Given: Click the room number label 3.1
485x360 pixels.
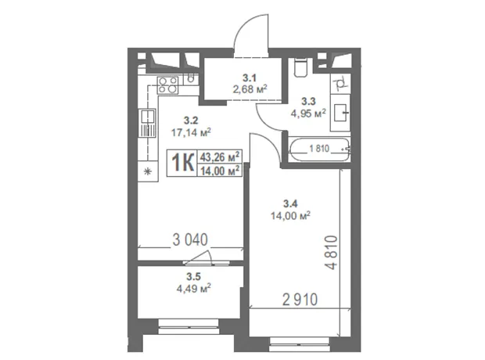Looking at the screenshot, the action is click(x=250, y=77).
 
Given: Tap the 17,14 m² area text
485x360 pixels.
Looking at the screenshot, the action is click(x=191, y=133).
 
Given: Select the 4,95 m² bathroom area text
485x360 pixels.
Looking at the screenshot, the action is click(x=308, y=113).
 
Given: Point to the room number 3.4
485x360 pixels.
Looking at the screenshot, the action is click(x=290, y=203).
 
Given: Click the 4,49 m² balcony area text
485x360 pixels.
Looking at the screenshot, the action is click(x=194, y=289).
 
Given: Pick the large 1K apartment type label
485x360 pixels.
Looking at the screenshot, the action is click(x=183, y=163).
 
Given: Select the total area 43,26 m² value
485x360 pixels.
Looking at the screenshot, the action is click(x=220, y=157).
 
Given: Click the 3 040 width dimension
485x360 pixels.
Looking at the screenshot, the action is click(x=190, y=240).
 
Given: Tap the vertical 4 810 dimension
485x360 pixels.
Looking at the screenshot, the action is click(x=330, y=253).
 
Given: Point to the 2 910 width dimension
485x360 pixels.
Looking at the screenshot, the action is click(x=300, y=300).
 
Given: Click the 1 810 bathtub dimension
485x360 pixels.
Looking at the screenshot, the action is click(x=319, y=149).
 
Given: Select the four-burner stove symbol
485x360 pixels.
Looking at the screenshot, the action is click(x=168, y=85).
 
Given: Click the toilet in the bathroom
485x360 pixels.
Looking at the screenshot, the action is click(x=300, y=68).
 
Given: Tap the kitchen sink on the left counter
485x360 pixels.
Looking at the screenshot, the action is click(x=148, y=123).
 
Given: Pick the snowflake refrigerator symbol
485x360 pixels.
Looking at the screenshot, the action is click(x=148, y=171).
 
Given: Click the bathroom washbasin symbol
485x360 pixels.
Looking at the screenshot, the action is click(x=340, y=113).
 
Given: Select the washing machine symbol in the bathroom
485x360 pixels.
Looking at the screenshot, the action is click(x=340, y=84).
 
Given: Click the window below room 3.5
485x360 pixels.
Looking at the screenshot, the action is click(x=189, y=326).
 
